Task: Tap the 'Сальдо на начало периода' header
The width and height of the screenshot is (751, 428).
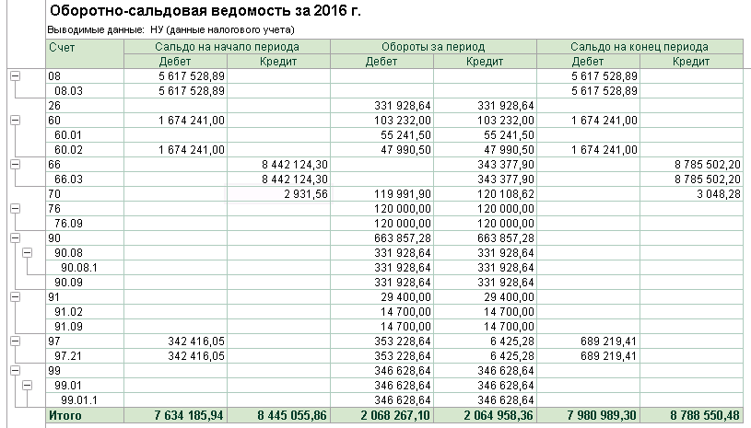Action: (226, 46)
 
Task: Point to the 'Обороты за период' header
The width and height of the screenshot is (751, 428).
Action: (432, 46)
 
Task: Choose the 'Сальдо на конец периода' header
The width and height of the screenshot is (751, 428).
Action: (639, 46)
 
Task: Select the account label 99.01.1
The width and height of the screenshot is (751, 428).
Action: (79, 400)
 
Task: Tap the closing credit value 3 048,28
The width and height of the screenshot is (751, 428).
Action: (712, 194)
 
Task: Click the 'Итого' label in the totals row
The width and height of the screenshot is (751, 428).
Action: (65, 416)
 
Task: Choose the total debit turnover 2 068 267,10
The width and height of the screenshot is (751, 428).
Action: (392, 416)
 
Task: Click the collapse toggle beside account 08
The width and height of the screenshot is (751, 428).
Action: (14, 75)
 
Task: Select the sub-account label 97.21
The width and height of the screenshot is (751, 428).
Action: (70, 355)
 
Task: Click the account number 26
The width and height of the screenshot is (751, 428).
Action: (54, 105)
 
